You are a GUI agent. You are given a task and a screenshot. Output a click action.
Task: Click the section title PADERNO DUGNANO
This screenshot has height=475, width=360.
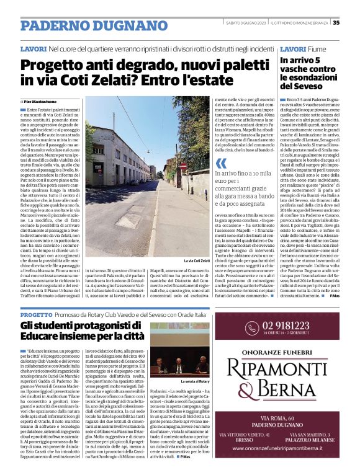click(x=76, y=26)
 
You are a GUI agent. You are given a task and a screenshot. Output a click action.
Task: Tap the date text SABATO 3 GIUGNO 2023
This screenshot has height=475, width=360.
click(x=243, y=23)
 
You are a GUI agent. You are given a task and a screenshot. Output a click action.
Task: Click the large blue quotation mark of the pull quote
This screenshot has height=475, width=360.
click(x=220, y=164)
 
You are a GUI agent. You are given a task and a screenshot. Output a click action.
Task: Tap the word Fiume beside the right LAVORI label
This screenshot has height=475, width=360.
click(x=315, y=48)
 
